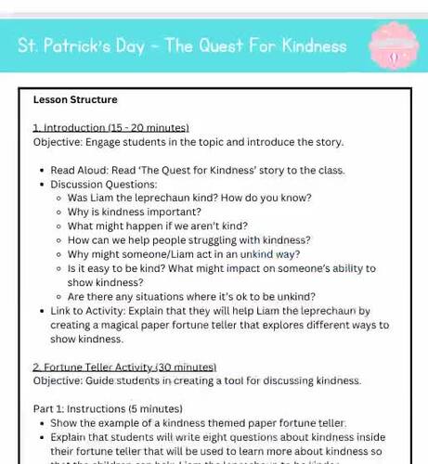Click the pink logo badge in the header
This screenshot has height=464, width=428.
[394, 47]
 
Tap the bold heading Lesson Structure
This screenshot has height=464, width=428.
[75, 99]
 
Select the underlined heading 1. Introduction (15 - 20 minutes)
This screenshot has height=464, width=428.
[110, 127]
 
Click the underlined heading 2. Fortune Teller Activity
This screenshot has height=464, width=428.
[124, 367]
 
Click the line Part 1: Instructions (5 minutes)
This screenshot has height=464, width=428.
[108, 408]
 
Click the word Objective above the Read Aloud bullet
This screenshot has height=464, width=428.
[58, 142]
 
